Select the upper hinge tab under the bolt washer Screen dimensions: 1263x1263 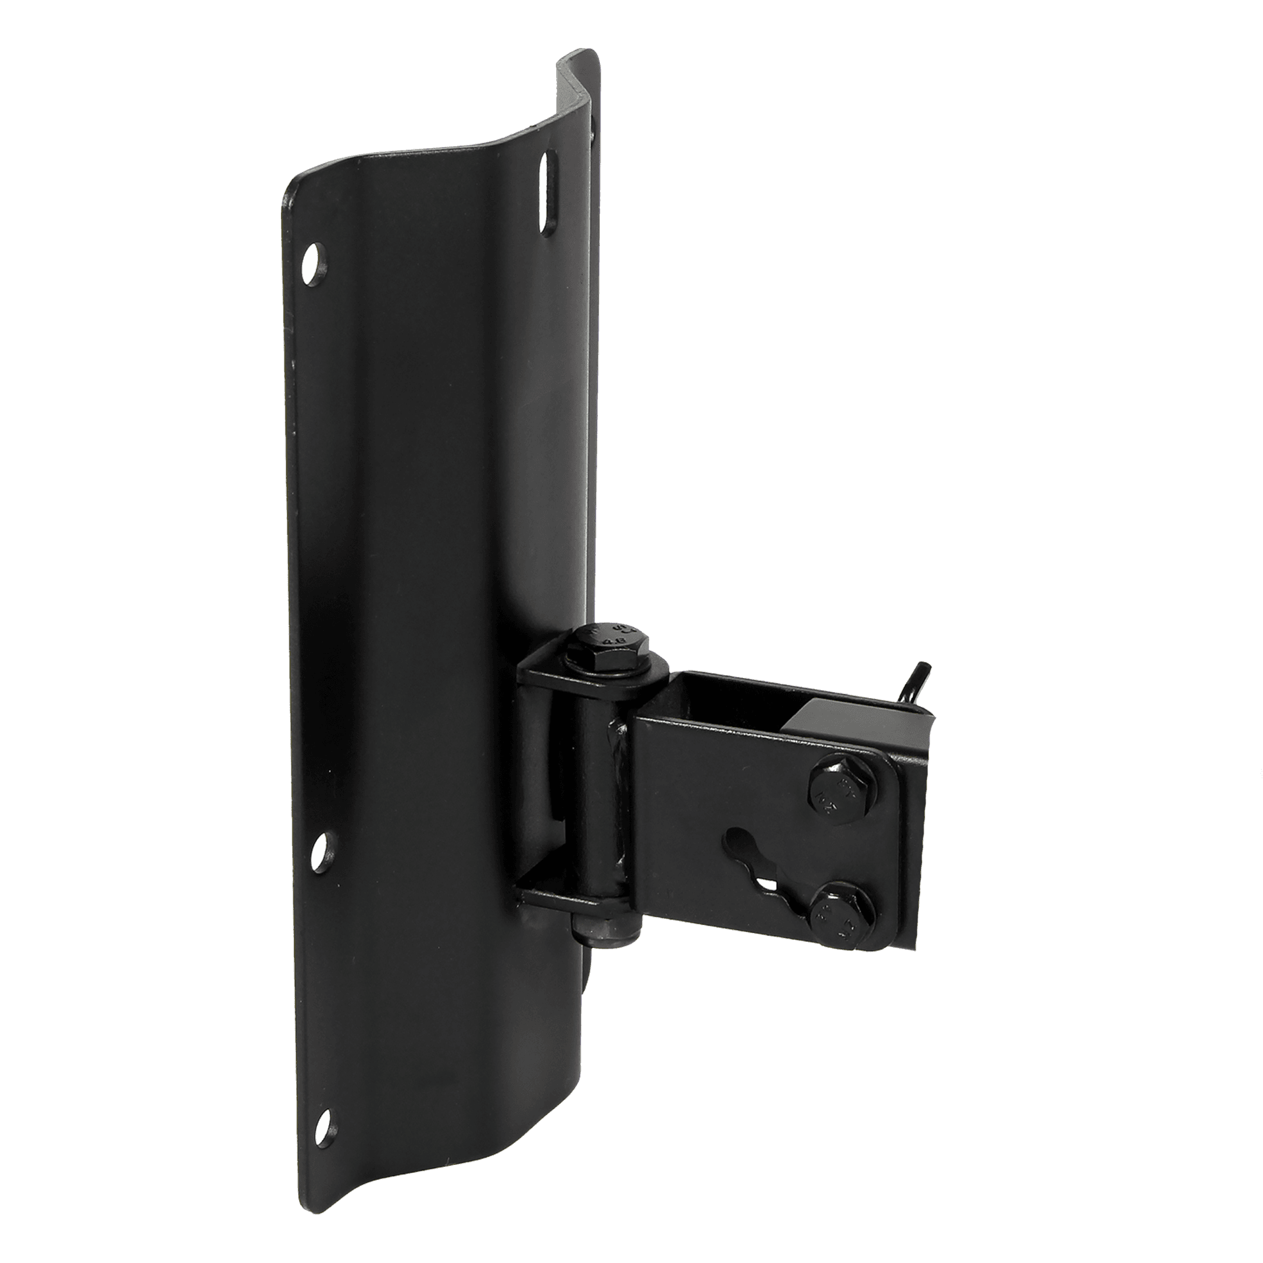click(x=546, y=678)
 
